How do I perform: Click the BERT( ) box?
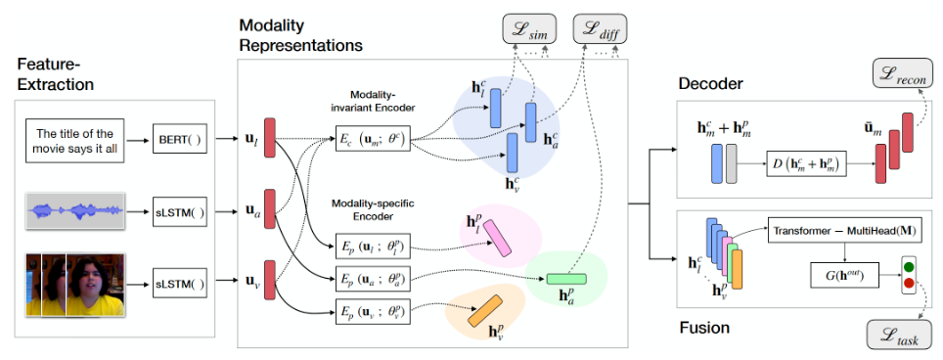point(180,140)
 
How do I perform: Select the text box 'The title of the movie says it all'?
point(75,140)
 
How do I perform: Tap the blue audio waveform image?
point(75,211)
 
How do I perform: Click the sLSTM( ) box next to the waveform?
point(180,212)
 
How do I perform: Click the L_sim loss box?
point(529,28)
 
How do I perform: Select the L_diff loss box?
point(601,28)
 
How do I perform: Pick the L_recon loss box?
point(903,73)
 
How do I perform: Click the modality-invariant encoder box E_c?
point(373,141)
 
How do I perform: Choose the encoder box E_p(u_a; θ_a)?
point(373,278)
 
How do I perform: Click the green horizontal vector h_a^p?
point(566,279)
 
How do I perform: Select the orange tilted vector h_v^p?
point(485,311)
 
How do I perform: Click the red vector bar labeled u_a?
point(269,209)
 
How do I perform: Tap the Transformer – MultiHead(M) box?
point(844,232)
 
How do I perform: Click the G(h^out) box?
point(844,278)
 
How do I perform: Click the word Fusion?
point(704,328)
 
